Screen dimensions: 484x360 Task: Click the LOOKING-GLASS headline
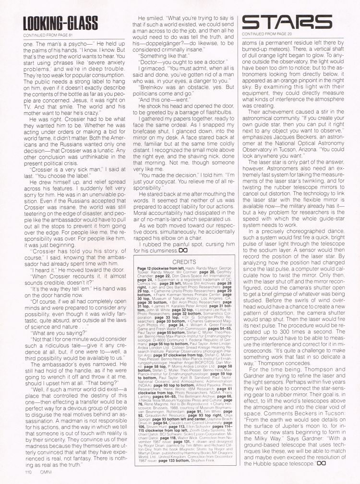pyautogui.click(x=60, y=23)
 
